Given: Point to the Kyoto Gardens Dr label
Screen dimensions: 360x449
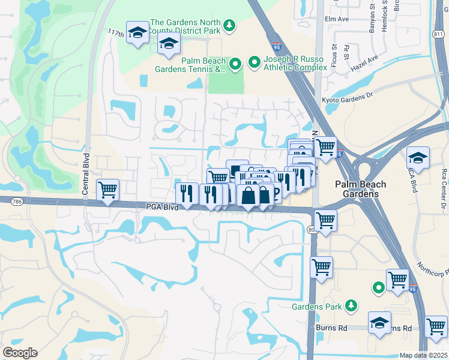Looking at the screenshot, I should pos(348,98).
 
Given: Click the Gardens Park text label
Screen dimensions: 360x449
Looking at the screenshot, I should pos(316,307).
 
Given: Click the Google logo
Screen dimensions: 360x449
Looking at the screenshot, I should pos(20,353).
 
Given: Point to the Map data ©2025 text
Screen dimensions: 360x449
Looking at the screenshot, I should pos(424,355).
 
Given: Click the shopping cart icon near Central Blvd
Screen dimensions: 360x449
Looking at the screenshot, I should pos(108,190).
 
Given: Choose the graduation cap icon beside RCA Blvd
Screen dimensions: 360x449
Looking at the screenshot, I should pos(418,158).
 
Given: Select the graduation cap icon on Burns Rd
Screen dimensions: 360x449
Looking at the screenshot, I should pos(379,323).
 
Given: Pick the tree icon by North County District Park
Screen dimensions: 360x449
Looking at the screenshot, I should pos(228,25).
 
